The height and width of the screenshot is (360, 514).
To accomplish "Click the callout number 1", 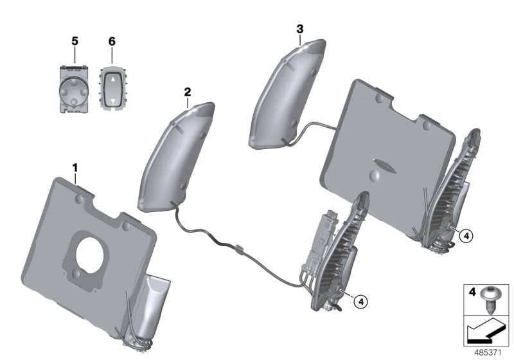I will pyautogui.click(x=75, y=168).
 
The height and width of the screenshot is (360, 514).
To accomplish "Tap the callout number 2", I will pyautogui.click(x=187, y=92).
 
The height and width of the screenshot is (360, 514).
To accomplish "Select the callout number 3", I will pyautogui.click(x=300, y=29).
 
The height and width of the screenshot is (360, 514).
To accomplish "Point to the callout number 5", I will pyautogui.click(x=75, y=41).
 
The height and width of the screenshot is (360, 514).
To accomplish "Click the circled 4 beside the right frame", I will pyautogui.click(x=466, y=236).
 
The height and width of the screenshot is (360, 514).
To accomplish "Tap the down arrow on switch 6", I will pyautogui.click(x=112, y=100).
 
